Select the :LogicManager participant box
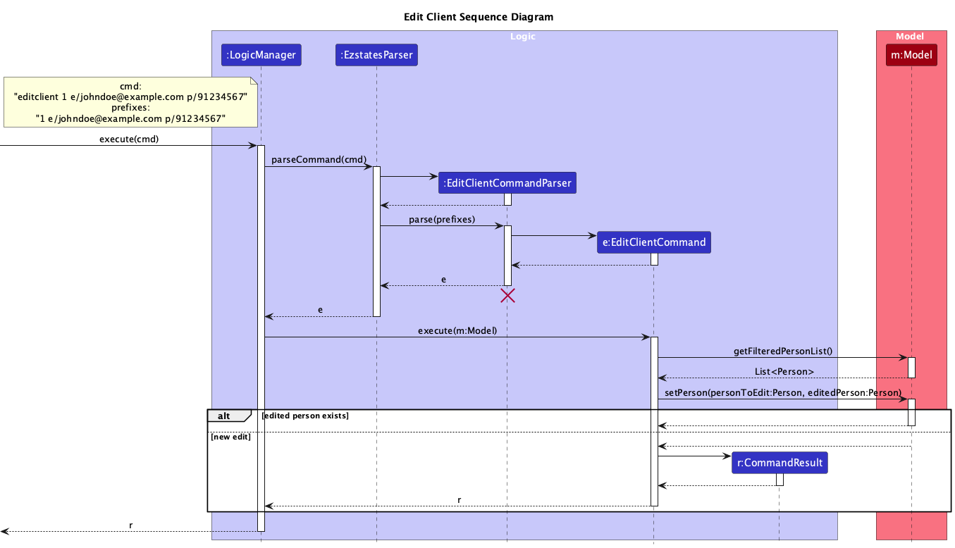261,55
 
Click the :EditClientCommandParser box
507,183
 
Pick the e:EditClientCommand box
653,242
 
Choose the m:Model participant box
911,55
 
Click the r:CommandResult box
780,463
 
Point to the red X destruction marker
507,296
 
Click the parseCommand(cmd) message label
319,160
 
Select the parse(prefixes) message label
442,220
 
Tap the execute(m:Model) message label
457,330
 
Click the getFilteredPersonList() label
782,351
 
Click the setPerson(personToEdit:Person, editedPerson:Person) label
782,392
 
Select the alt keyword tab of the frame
224,416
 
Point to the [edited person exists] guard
304,416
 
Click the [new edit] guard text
230,437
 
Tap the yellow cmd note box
130,102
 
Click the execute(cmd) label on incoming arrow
129,139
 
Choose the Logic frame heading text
523,36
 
